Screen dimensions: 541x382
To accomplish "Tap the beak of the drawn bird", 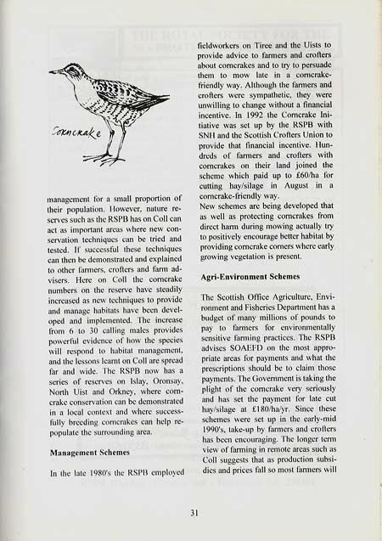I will point(55,71).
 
